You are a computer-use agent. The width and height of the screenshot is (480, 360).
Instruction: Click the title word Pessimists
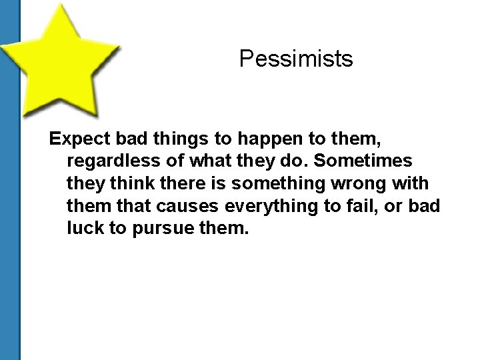tap(296, 59)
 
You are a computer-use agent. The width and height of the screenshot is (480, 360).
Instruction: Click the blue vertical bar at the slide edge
tap(10, 200)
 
